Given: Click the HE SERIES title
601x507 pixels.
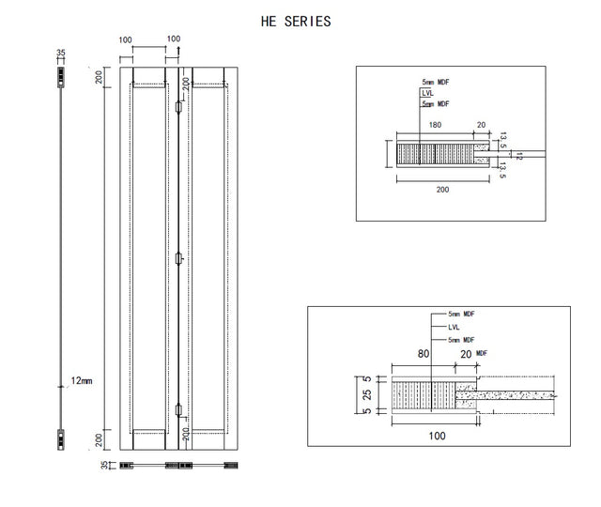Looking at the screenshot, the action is coord(296,22).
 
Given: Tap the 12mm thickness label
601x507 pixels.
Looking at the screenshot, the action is coord(82,381).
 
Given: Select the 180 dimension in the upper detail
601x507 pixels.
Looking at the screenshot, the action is coord(435,125).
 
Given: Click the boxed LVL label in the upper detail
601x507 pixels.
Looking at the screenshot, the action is coord(427,93).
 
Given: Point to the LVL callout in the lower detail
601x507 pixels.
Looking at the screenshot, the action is coord(454,328).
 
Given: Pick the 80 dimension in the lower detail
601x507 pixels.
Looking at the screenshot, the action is coord(424,354).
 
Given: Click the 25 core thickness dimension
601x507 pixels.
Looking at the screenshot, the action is coord(367,394).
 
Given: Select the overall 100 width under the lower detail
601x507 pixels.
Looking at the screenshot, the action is coord(437,436).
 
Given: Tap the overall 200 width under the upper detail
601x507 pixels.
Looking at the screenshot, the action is coord(442,190).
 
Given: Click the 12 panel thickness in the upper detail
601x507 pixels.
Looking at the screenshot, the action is coord(519,156).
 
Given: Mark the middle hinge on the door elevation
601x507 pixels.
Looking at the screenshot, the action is coord(178,259).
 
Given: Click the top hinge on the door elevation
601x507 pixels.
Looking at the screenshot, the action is coord(178,107).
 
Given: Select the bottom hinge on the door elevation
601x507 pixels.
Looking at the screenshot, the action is coord(178,409).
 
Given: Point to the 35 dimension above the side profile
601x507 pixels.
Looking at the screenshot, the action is coord(61,53).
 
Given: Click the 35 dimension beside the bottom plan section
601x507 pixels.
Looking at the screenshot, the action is coord(104,465).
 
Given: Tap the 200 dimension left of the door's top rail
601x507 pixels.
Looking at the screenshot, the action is coord(99,77).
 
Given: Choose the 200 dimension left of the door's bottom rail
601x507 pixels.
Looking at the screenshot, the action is coord(99,440).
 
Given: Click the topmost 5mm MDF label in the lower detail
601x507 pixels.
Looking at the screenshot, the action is coord(461,314).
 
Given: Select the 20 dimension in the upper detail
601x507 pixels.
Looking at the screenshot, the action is coord(482,125).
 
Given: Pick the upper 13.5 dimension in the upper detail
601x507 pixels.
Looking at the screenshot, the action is coord(503,140).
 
